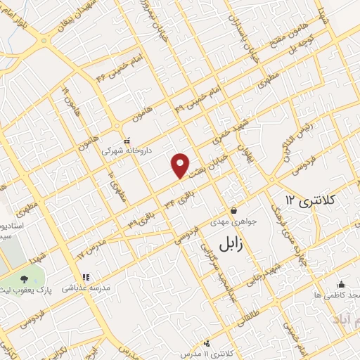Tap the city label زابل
(x=224, y=245)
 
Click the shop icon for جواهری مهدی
(x=234, y=210)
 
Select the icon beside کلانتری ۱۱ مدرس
(x=207, y=343)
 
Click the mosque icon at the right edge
(x=341, y=284)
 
